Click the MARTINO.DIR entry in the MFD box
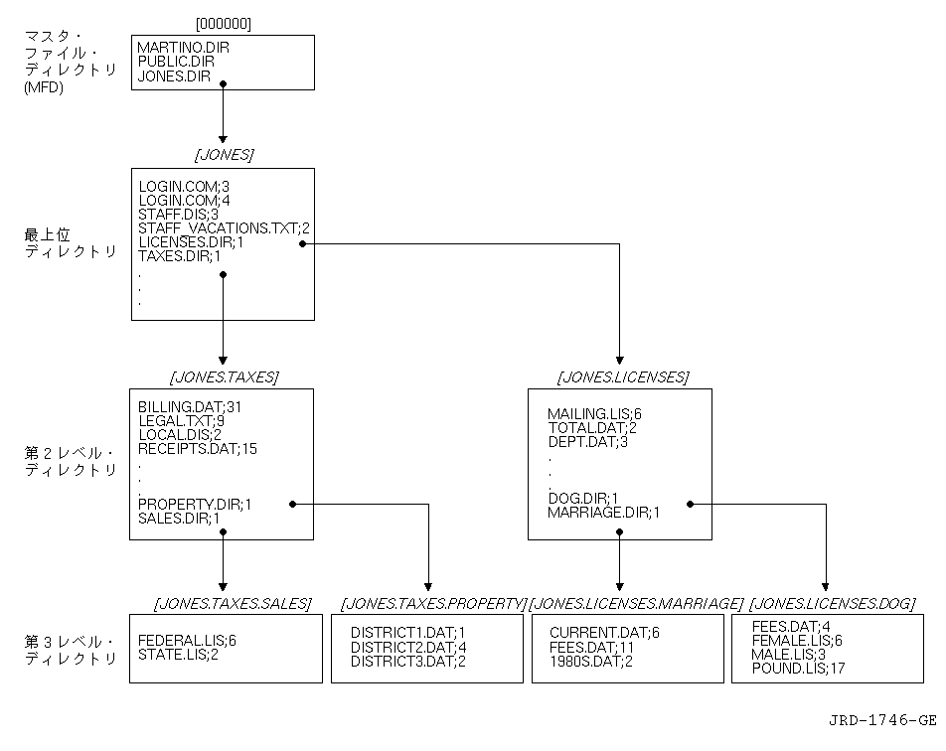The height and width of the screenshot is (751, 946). click(184, 47)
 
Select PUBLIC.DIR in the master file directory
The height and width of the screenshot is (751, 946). click(176, 61)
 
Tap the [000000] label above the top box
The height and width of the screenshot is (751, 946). click(223, 22)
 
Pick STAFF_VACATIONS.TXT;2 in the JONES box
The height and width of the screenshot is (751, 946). click(225, 227)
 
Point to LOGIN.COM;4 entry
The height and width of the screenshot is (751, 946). click(184, 200)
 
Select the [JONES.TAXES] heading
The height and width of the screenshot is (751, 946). click(224, 376)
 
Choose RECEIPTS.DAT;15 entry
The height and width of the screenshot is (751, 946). click(198, 448)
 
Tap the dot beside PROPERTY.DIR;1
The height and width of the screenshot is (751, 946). click(292, 505)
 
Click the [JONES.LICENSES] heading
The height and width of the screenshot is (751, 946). click(622, 376)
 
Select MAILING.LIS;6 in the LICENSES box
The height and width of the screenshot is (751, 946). click(594, 413)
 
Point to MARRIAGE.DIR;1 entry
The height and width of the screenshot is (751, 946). click(602, 512)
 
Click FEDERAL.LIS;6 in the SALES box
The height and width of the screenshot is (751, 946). click(187, 640)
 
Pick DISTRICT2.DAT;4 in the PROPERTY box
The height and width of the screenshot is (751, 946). click(407, 647)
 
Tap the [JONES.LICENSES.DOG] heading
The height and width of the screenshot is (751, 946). click(832, 603)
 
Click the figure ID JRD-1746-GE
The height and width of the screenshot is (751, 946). click(881, 720)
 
